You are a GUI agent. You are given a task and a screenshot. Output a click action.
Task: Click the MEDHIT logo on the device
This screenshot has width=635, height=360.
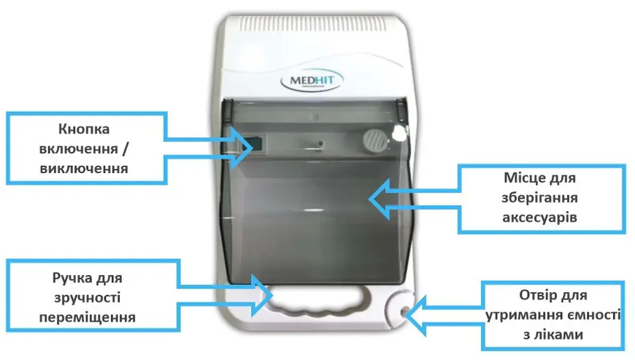312,80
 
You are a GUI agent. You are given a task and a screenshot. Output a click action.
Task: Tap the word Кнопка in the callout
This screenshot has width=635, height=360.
84,129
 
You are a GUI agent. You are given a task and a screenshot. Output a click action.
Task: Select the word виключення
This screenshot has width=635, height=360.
84,168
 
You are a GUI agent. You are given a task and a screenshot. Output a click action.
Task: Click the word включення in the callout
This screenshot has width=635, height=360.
78,149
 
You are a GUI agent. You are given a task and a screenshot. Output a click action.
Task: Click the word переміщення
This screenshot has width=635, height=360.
87,317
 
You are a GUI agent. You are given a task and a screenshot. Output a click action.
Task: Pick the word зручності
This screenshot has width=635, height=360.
87,298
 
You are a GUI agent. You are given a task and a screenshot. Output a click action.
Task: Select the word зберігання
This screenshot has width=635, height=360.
539,198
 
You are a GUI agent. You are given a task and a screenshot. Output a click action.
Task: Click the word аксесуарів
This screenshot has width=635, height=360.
539,218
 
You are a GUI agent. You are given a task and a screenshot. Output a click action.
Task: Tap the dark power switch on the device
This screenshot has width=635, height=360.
258,143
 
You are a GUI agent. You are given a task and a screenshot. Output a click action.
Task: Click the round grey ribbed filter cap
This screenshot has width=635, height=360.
374,140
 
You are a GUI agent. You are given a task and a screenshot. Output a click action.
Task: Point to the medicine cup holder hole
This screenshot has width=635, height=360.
405,311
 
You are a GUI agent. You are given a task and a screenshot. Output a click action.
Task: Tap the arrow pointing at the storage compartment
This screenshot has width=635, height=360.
415,199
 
